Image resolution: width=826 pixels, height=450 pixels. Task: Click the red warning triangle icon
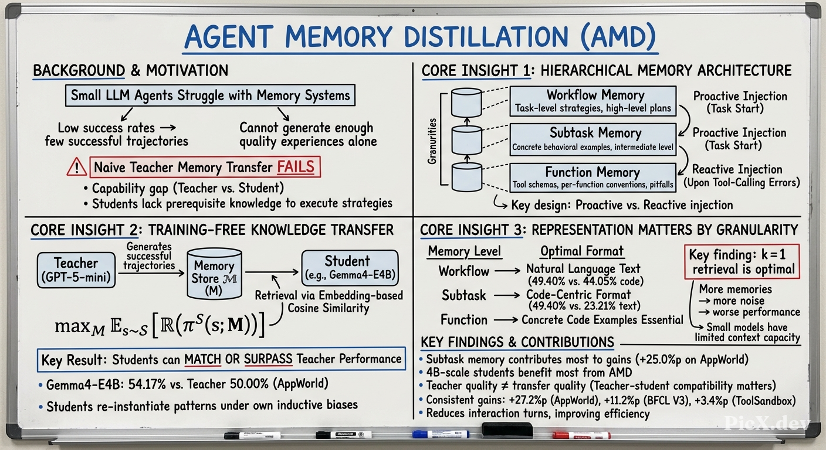click(77, 167)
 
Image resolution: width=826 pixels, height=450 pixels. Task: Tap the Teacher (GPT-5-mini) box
click(76, 270)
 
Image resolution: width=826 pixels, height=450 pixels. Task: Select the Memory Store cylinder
click(214, 274)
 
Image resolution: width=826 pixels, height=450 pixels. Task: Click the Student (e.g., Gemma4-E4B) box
click(350, 268)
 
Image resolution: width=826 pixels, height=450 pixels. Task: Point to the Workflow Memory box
click(593, 101)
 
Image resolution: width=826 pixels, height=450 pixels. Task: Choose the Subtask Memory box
click(593, 139)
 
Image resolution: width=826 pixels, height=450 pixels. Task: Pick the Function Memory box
click(593, 178)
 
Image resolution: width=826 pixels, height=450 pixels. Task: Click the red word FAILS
click(296, 167)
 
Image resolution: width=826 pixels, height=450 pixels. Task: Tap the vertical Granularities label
click(432, 141)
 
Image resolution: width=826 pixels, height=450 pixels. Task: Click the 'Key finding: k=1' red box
click(742, 261)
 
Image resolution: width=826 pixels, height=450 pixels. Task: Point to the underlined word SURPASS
click(268, 359)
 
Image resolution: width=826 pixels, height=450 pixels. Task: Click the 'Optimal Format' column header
click(582, 251)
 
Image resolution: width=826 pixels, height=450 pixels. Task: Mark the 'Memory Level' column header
click(464, 251)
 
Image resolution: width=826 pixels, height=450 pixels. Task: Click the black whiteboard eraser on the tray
click(507, 429)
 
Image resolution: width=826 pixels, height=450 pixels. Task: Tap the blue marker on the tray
click(441, 434)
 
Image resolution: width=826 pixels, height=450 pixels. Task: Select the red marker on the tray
click(581, 435)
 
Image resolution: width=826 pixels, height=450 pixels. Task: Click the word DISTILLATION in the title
click(486, 37)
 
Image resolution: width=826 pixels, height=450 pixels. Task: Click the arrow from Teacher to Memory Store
click(151, 273)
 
